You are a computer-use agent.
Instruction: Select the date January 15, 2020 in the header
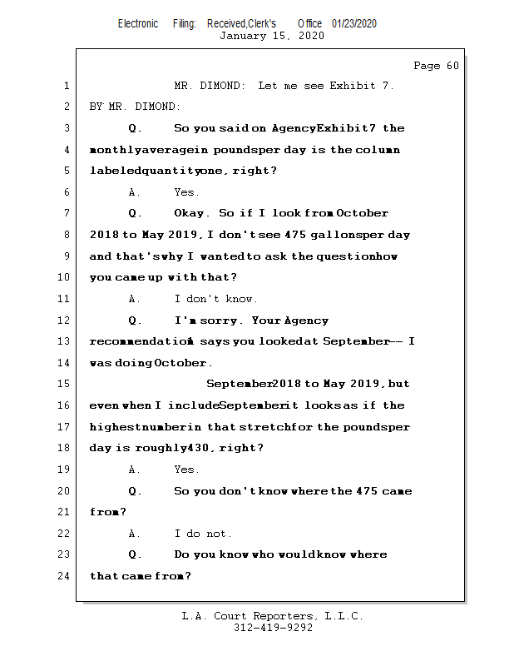[271, 36]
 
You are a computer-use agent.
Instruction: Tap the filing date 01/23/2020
[354, 23]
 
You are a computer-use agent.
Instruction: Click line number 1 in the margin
[66, 86]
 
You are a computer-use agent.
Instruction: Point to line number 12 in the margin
[63, 321]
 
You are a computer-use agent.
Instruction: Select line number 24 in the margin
[63, 576]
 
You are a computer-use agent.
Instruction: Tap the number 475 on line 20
[367, 491]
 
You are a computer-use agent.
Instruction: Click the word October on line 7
[363, 214]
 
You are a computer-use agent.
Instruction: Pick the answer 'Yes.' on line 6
[187, 192]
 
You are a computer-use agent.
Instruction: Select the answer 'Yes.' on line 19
[187, 470]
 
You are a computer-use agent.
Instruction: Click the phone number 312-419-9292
[273, 629]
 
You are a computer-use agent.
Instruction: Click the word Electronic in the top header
[138, 23]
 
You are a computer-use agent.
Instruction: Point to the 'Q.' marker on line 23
[135, 555]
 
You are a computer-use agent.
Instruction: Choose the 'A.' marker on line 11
[135, 299]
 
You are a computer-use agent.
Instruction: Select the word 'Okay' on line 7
[192, 214]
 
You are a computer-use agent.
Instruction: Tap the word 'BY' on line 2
[96, 107]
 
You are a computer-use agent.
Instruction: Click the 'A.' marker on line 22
[135, 534]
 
